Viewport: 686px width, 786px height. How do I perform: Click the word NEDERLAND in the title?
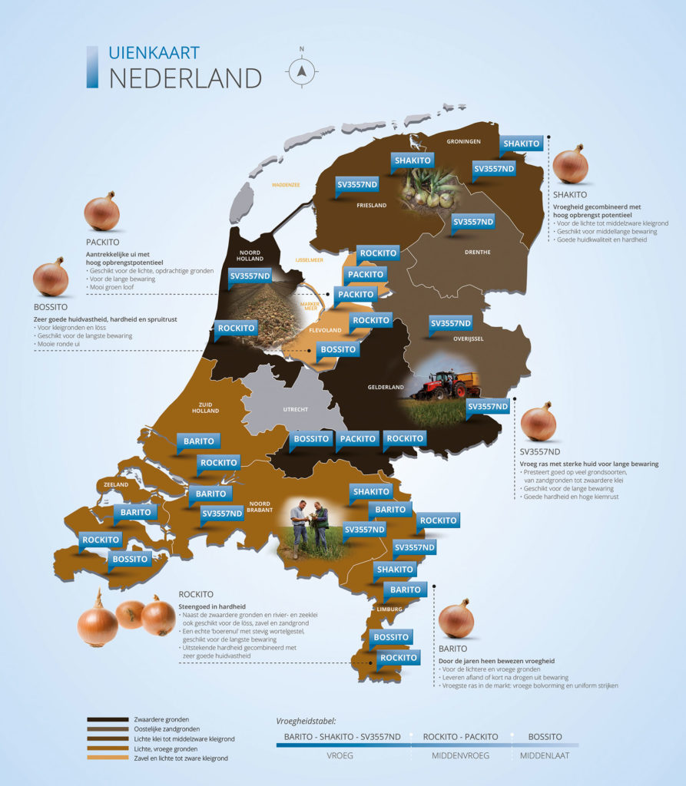tap(185, 78)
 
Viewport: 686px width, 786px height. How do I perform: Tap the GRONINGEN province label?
tap(465, 141)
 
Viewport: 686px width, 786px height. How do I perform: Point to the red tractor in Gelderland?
tap(436, 385)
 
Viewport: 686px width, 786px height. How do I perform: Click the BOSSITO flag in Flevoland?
tap(339, 350)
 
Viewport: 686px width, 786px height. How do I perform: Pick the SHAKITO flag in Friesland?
tap(413, 160)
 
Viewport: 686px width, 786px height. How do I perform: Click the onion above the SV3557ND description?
tap(538, 421)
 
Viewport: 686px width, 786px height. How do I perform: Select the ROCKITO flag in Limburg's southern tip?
tap(399, 658)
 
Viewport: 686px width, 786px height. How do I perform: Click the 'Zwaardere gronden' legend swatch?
tap(107, 719)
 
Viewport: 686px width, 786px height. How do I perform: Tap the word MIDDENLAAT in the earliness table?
tap(545, 755)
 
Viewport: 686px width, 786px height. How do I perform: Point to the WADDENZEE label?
tap(284, 184)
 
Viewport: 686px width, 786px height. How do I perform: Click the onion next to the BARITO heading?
tap(456, 619)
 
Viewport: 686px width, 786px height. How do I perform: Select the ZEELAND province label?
tap(112, 485)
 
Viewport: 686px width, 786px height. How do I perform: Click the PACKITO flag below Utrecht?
tap(359, 439)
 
